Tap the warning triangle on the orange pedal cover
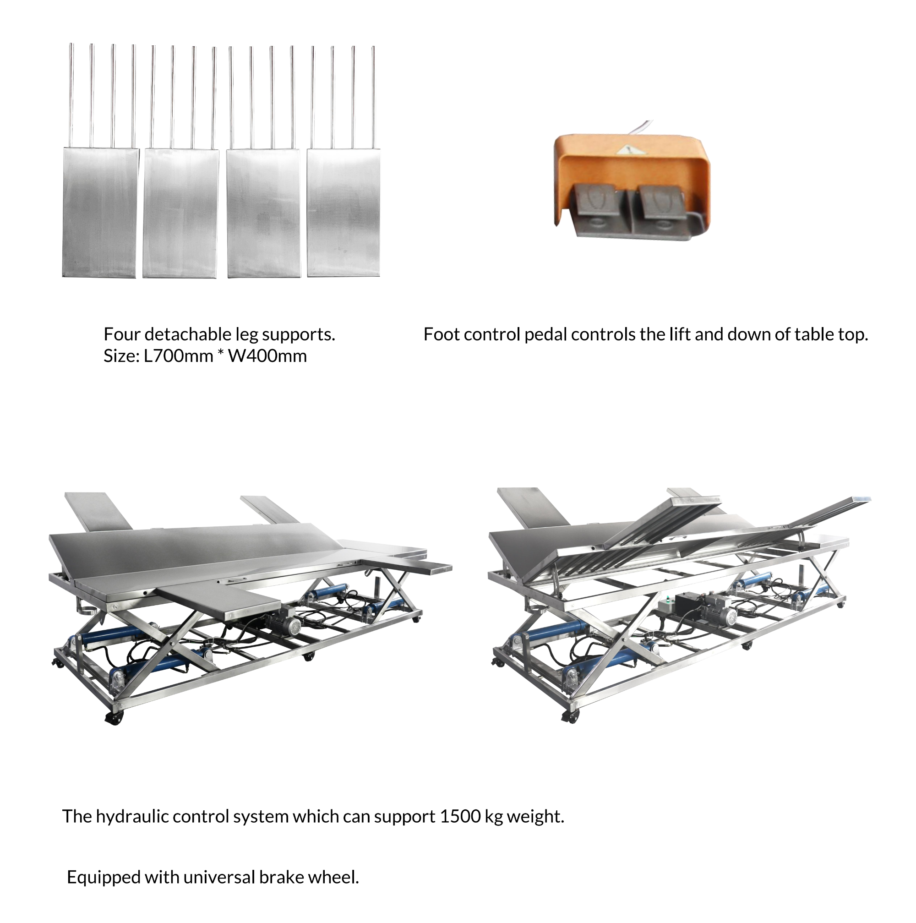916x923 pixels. pos(627,151)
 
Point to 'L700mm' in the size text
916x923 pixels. pos(178,356)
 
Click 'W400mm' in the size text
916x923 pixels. pos(267,356)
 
